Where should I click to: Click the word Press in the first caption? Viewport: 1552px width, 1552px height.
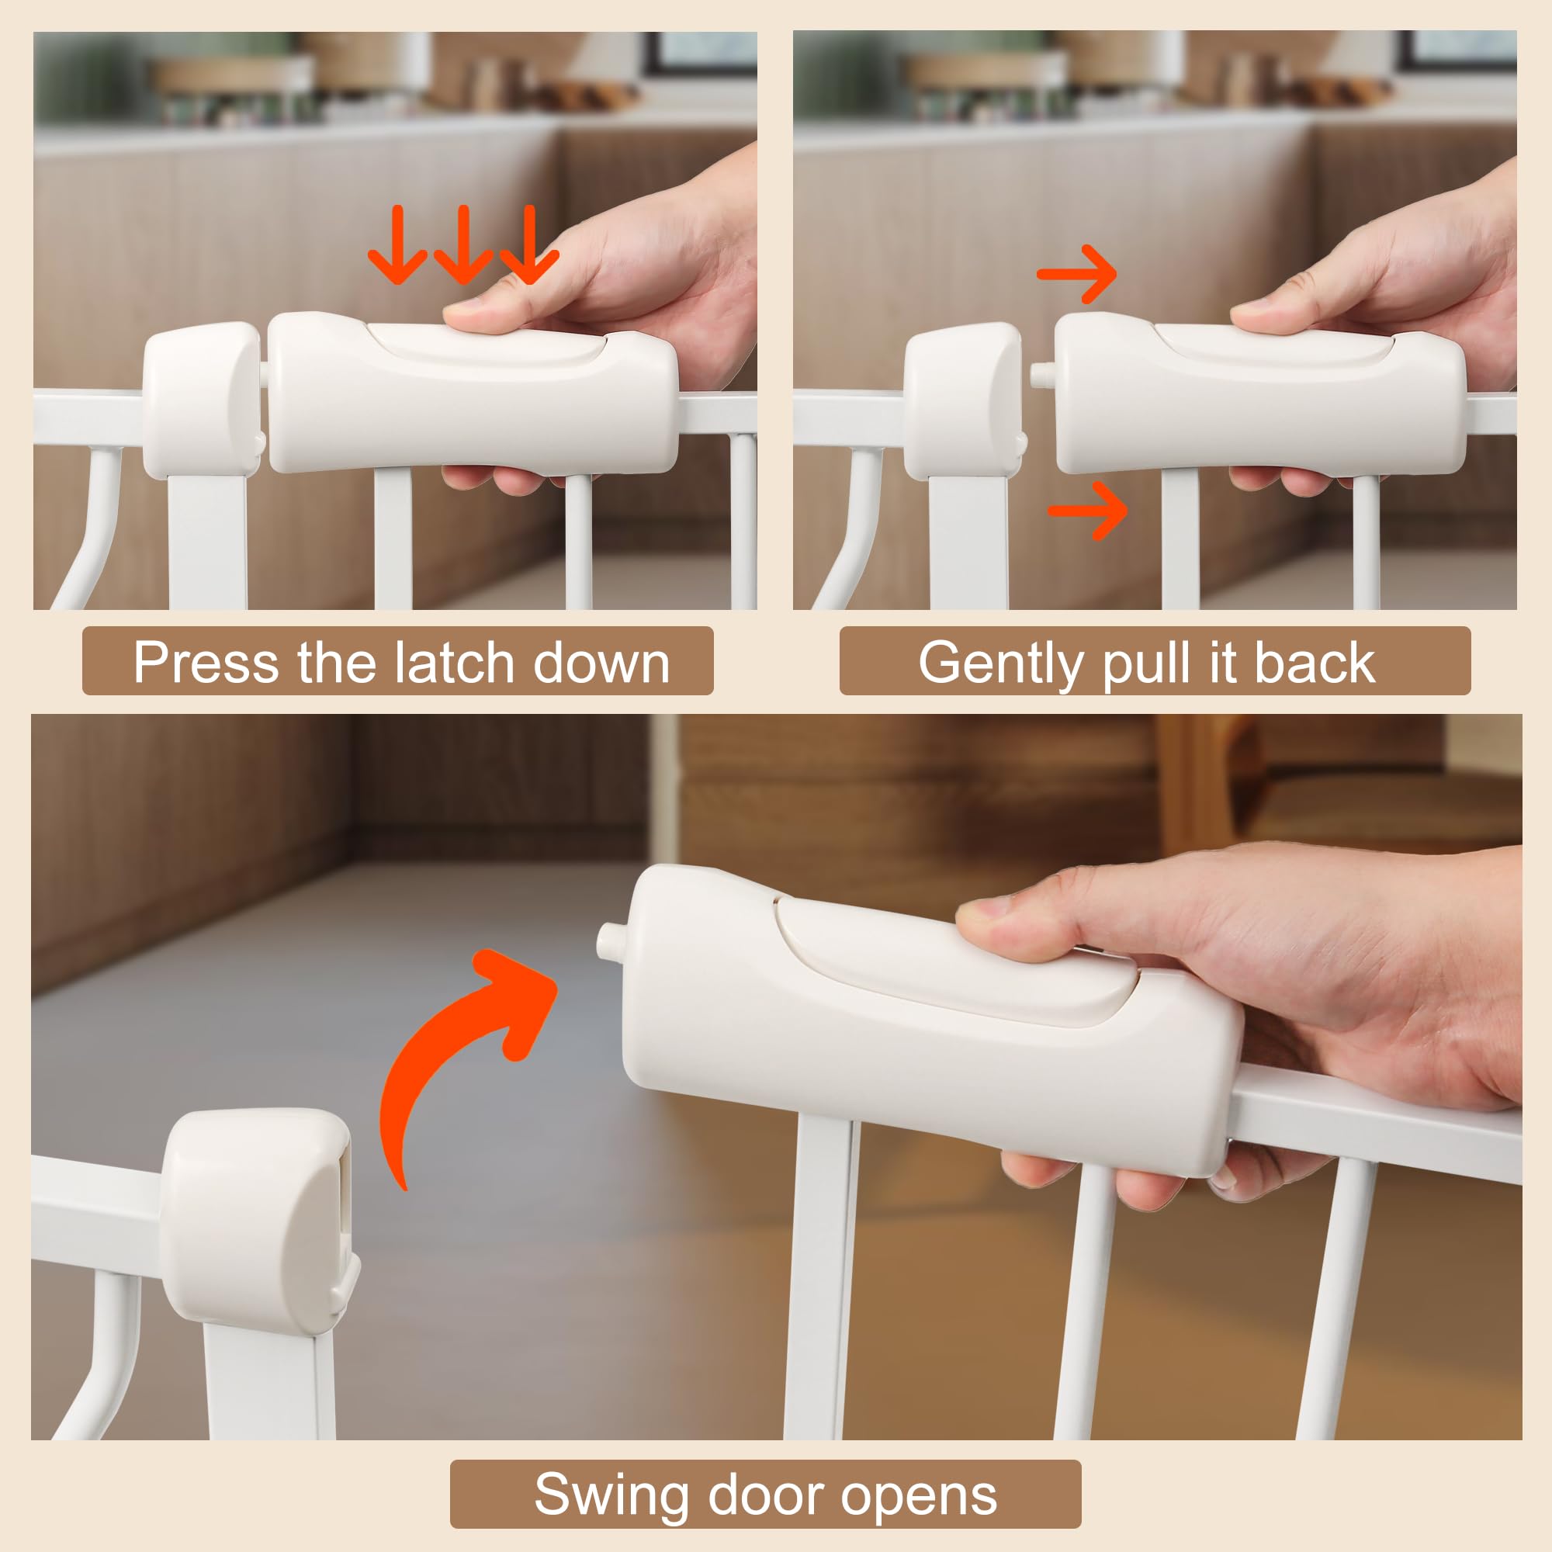pos(206,663)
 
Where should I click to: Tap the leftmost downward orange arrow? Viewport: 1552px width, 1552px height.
pos(397,245)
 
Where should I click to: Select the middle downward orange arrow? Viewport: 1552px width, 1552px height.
pos(462,245)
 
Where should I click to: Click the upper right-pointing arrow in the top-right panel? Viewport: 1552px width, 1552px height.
pos(1077,274)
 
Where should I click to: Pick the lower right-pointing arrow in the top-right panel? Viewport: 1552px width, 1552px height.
pos(1090,510)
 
